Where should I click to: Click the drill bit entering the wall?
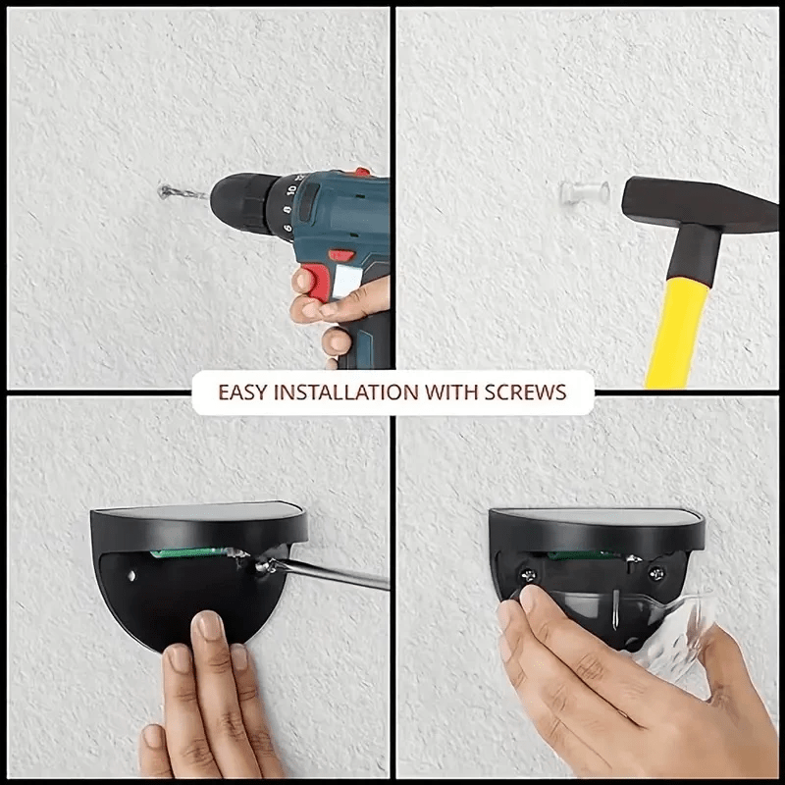[x=182, y=192]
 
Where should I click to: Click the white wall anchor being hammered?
[x=571, y=192]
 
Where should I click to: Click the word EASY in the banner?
[x=241, y=392]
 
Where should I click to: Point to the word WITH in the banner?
[x=450, y=392]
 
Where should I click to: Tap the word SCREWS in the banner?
[x=525, y=392]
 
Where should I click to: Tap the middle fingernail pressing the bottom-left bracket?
[x=209, y=627]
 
